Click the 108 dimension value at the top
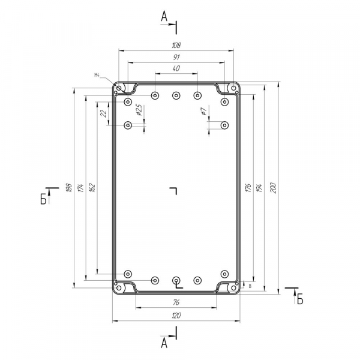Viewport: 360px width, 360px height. click(x=176, y=45)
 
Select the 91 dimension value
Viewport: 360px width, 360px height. click(x=176, y=57)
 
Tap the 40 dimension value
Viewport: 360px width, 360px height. click(x=176, y=68)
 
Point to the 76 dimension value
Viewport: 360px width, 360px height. click(x=176, y=302)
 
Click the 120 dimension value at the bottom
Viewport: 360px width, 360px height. click(x=176, y=316)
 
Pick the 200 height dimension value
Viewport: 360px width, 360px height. click(x=273, y=188)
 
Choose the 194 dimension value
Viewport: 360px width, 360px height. click(x=259, y=188)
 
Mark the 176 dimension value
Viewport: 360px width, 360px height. click(x=248, y=188)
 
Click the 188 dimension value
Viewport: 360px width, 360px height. click(x=69, y=188)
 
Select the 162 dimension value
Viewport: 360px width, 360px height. click(x=92, y=188)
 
